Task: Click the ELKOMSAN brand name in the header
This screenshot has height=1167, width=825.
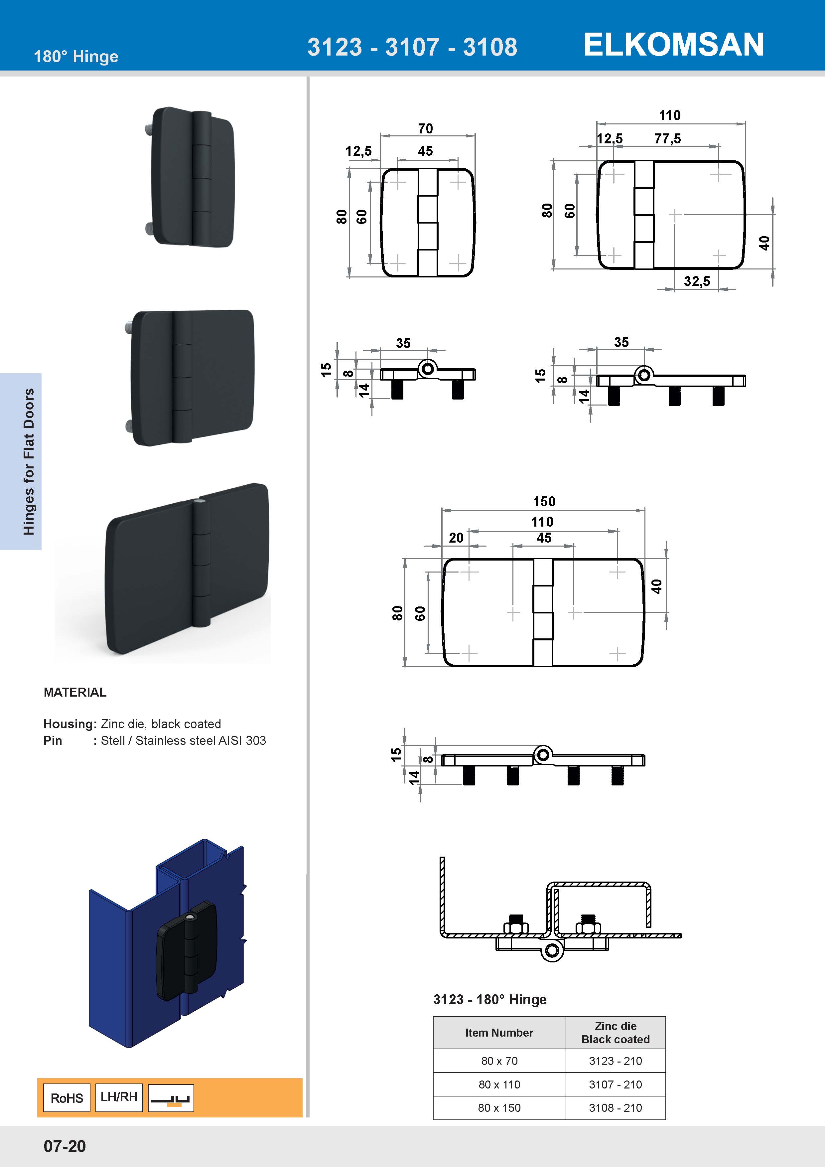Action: point(673,45)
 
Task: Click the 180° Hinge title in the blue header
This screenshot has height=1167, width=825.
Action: point(76,57)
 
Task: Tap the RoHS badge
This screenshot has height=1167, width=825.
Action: point(67,1098)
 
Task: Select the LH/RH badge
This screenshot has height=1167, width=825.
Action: point(119,1097)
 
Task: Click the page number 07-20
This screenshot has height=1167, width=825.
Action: point(65,1146)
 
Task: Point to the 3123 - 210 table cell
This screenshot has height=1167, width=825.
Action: point(615,1061)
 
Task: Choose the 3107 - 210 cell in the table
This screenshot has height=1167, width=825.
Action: point(615,1084)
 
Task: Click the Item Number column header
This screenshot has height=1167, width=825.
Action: point(499,1032)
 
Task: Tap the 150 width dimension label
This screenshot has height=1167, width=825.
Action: point(544,502)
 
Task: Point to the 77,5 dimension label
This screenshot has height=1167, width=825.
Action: point(667,139)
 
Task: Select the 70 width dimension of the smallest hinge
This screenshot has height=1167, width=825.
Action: point(425,129)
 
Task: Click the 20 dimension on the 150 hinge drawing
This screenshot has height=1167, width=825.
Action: point(456,538)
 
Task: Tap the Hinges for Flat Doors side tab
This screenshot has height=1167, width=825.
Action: point(29,461)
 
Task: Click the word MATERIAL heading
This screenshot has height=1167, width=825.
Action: point(75,692)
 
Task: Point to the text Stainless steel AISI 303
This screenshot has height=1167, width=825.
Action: point(201,741)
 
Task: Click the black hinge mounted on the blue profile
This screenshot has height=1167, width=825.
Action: point(187,950)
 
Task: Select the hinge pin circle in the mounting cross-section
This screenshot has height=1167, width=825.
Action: point(552,951)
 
